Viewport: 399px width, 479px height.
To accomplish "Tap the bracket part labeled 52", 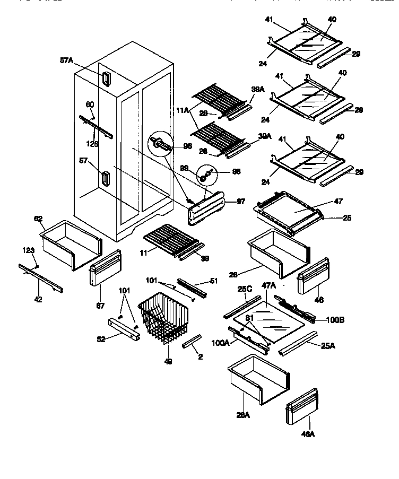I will [123, 328].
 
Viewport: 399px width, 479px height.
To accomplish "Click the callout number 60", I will [90, 104].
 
